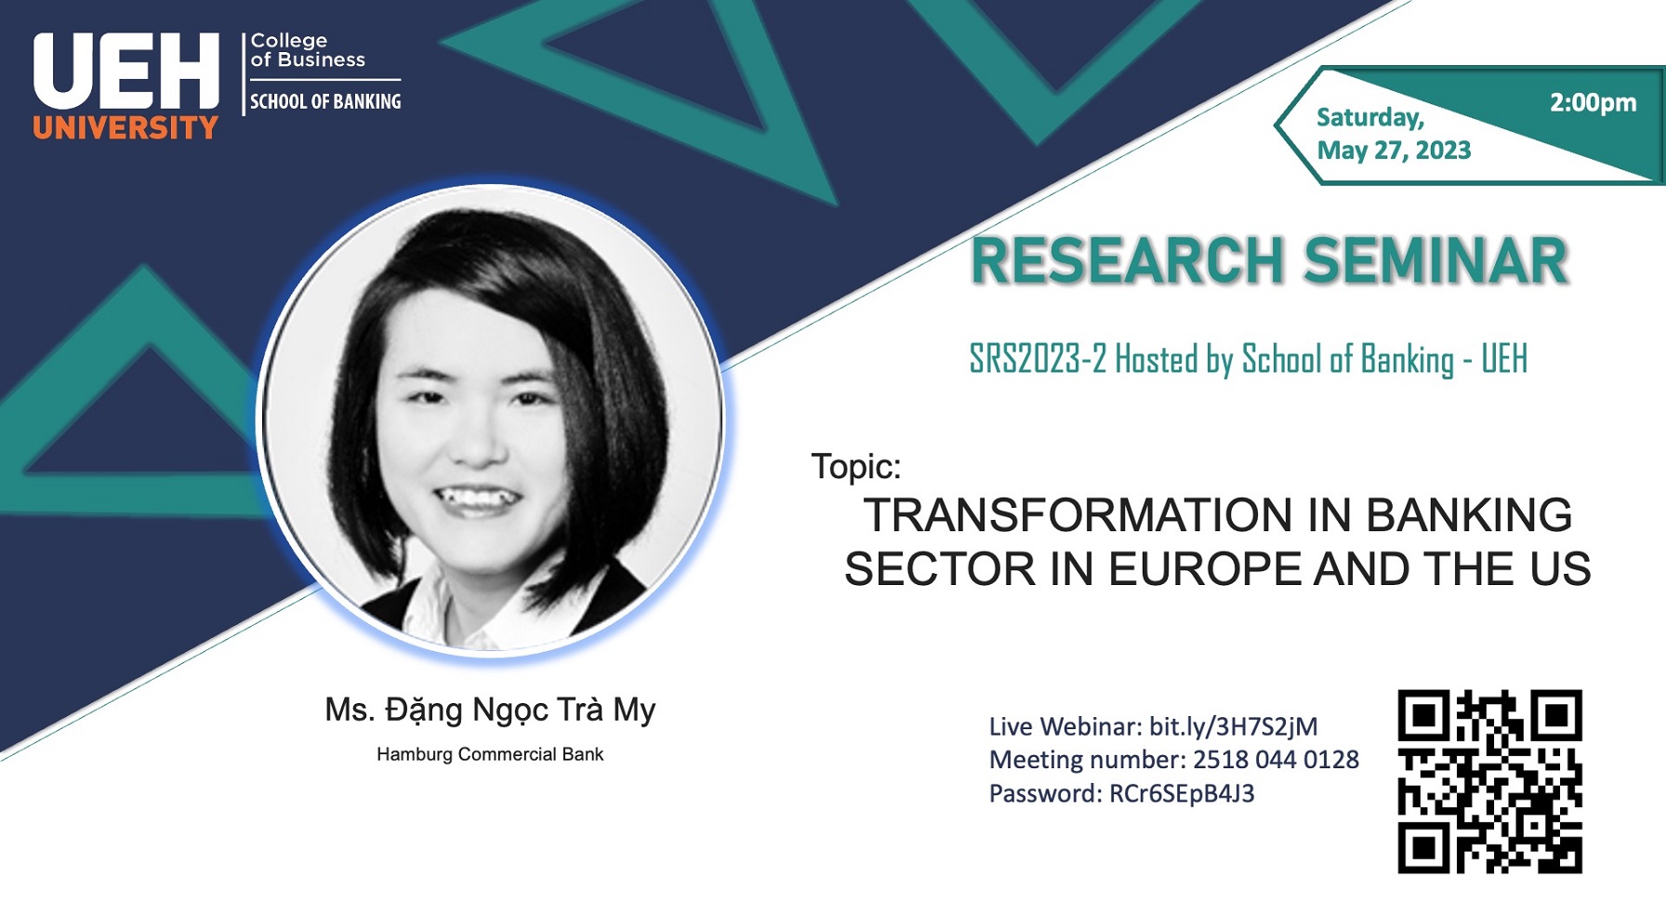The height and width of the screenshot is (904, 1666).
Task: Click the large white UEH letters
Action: click(126, 72)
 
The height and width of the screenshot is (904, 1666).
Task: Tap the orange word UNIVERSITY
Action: click(126, 127)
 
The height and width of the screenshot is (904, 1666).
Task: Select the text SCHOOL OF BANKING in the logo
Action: click(325, 101)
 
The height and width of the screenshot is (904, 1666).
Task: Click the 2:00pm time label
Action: click(1593, 103)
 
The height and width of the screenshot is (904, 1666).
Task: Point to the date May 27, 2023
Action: click(1394, 151)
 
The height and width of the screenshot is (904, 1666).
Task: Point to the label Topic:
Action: click(856, 466)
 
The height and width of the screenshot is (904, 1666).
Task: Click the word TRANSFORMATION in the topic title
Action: click(1078, 515)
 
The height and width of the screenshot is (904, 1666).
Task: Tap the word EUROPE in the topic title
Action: click(1204, 569)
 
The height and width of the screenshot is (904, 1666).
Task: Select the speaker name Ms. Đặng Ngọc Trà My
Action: click(490, 711)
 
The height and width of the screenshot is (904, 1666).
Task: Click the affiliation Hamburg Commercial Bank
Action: click(490, 754)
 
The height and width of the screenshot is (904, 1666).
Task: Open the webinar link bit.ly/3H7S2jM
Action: click(1234, 726)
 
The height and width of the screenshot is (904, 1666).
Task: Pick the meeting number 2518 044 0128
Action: click(1276, 760)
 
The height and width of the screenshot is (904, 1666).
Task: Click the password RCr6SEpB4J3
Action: click(1182, 793)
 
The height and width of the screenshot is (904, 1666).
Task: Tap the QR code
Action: click(1489, 781)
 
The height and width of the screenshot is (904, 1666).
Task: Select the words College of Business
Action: click(308, 50)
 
